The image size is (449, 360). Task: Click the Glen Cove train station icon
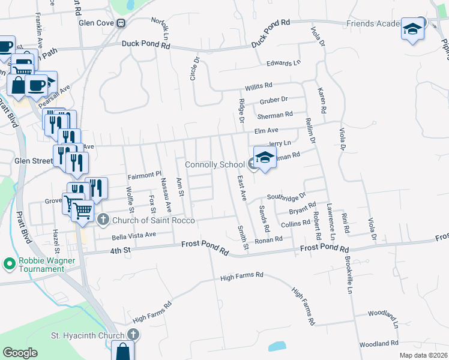(x=121, y=24)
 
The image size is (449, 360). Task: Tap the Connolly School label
(x=214, y=164)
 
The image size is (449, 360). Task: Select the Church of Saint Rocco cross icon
(x=103, y=220)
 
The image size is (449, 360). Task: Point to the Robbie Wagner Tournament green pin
(x=9, y=263)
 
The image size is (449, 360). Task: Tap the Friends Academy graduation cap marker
(x=413, y=29)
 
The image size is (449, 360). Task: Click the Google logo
(x=20, y=353)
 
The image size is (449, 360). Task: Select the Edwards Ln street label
(x=283, y=63)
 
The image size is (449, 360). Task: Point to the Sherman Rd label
(x=275, y=115)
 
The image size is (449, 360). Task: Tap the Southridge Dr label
(x=286, y=196)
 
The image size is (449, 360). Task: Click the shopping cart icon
(x=82, y=211)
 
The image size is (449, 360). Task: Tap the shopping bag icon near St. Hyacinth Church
(x=122, y=351)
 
